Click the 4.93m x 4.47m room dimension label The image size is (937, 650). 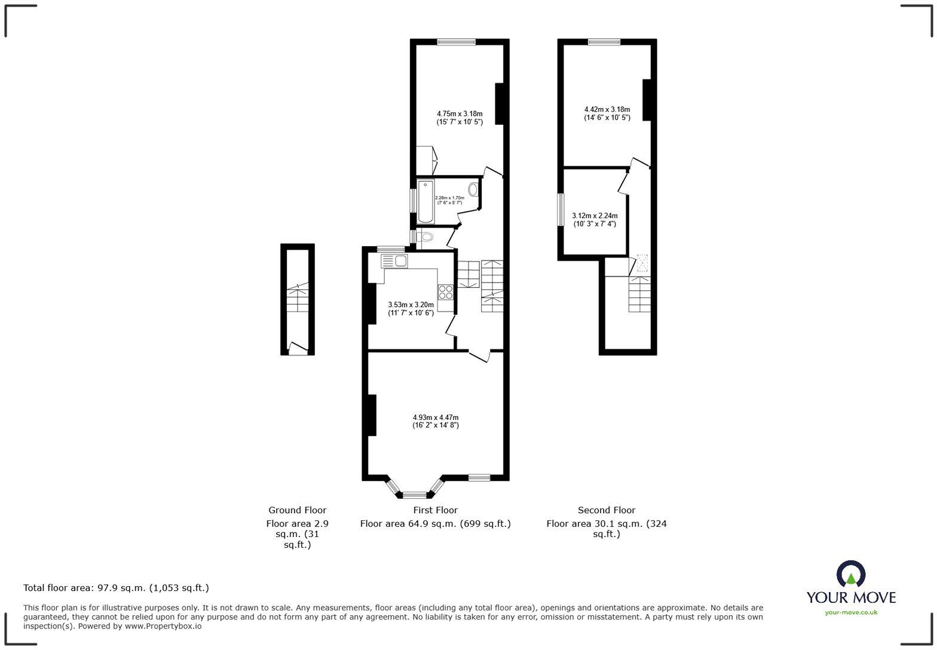click(436, 421)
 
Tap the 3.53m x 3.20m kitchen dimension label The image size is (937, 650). click(411, 308)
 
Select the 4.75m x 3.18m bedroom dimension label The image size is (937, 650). click(460, 117)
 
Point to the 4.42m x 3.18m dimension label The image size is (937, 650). click(607, 114)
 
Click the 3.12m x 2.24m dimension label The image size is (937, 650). click(595, 220)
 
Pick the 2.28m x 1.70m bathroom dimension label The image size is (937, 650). click(449, 200)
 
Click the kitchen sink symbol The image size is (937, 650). click(394, 261)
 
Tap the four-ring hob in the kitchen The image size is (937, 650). click(446, 292)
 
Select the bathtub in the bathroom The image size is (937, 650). click(425, 201)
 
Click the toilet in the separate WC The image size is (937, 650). click(425, 238)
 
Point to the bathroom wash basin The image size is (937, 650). click(473, 190)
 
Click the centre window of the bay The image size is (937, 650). click(414, 495)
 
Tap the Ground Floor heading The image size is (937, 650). click(297, 510)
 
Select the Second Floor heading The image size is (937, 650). click(607, 510)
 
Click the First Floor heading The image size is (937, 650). click(435, 510)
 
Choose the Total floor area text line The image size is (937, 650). click(116, 588)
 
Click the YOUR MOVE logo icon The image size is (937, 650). click(850, 574)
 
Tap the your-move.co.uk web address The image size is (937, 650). click(851, 612)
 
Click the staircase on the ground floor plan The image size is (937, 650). click(298, 299)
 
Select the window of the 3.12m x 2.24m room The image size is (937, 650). click(561, 209)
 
